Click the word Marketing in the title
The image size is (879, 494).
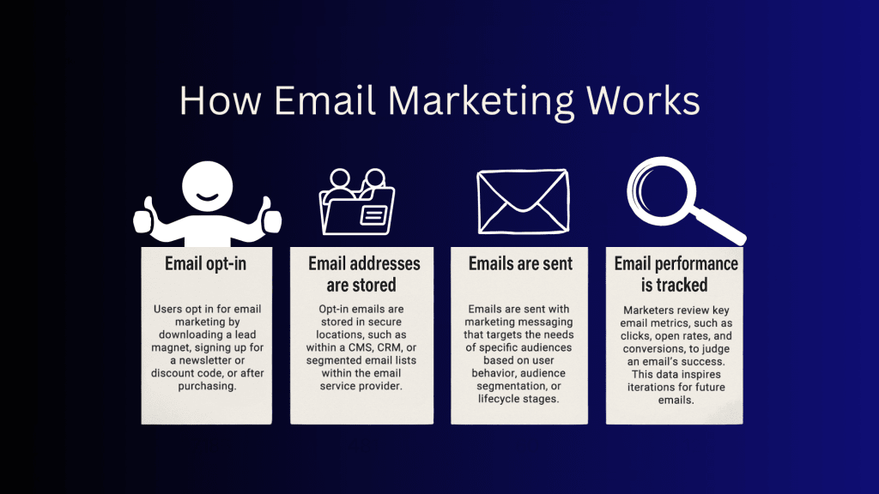[481, 102]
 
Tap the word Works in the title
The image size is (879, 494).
[643, 101]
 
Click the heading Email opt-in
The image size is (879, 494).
[205, 264]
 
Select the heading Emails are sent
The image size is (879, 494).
[520, 263]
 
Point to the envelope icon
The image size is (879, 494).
[523, 202]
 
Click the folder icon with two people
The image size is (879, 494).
[356, 201]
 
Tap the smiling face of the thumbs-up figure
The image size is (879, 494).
[208, 186]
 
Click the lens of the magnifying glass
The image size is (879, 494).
[662, 191]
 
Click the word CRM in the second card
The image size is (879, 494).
[389, 347]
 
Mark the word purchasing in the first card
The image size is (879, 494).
[207, 387]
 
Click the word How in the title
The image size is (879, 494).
[221, 101]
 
